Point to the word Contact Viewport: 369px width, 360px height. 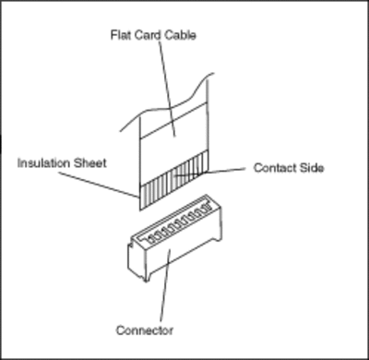click(275, 168)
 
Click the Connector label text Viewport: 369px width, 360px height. click(145, 330)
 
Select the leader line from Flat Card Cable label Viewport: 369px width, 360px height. click(167, 89)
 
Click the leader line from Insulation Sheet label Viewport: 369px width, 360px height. click(99, 185)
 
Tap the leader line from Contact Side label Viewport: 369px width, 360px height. click(209, 173)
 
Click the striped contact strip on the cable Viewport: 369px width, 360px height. click(174, 180)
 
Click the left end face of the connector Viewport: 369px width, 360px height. click(136, 258)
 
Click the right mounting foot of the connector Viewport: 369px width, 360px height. click(217, 235)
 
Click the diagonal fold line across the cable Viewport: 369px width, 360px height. click(173, 121)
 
